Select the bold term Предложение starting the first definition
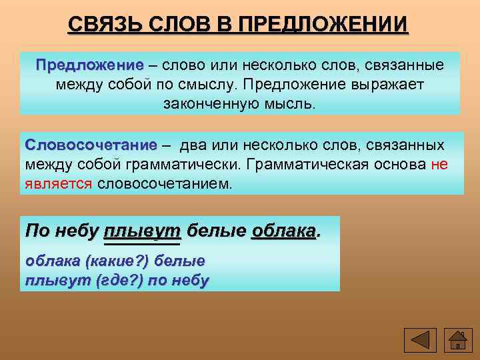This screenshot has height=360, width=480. pyautogui.click(x=90, y=67)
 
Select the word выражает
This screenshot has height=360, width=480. pyautogui.click(x=391, y=86)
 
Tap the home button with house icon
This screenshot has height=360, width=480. pyautogui.click(x=457, y=340)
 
